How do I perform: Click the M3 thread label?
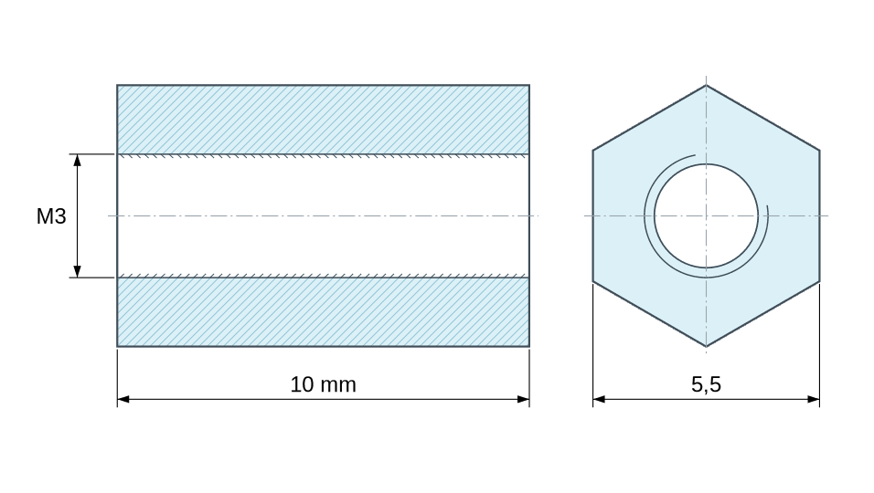(x=51, y=215)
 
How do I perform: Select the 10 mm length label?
(x=324, y=384)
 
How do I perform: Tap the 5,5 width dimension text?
(x=706, y=384)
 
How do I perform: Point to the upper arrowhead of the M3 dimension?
(x=78, y=160)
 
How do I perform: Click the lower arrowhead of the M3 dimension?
(x=78, y=271)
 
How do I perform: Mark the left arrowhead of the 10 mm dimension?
(x=123, y=399)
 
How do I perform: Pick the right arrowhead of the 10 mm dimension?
(x=524, y=399)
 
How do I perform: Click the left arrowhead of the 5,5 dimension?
(x=599, y=399)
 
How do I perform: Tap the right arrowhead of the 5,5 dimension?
(x=814, y=399)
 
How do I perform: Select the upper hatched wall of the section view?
(x=324, y=120)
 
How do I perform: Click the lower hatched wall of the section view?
(x=324, y=311)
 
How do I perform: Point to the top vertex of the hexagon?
(x=706, y=85)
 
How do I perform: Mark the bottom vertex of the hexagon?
(x=706, y=347)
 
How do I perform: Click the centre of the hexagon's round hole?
(x=706, y=215)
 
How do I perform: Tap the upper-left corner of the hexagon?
(x=593, y=151)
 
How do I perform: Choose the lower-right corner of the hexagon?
(x=819, y=281)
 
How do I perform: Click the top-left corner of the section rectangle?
(x=117, y=85)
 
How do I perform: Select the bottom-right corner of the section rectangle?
(x=529, y=347)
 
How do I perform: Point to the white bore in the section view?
(x=324, y=215)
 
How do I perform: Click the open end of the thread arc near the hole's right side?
(x=768, y=206)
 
